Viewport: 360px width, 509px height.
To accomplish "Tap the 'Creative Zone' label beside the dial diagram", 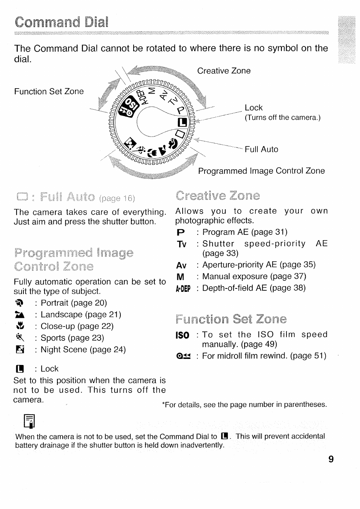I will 224,71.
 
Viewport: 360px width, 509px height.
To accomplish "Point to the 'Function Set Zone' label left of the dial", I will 49,92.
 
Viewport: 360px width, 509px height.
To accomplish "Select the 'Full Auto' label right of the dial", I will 261,149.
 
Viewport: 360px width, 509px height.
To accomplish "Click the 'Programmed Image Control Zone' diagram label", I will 261,171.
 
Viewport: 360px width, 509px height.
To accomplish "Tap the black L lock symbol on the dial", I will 182,122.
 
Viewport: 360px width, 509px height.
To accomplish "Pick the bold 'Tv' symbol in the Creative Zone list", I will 182,244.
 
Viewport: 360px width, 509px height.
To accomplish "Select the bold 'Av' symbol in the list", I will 181,265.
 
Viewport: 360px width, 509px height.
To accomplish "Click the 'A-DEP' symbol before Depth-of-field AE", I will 183,289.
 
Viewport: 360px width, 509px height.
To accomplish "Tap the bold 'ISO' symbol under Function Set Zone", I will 183,335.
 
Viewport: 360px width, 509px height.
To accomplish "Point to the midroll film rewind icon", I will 183,356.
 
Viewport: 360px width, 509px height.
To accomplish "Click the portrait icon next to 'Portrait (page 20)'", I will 19,303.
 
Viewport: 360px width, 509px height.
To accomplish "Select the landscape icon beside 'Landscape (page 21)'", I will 20,315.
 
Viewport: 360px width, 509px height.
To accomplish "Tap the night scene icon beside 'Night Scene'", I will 20,350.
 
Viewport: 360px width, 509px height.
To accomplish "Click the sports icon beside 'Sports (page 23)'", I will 20,338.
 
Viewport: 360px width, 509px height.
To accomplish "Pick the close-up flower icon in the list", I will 20,326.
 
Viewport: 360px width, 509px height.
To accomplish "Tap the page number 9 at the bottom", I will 331,459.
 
